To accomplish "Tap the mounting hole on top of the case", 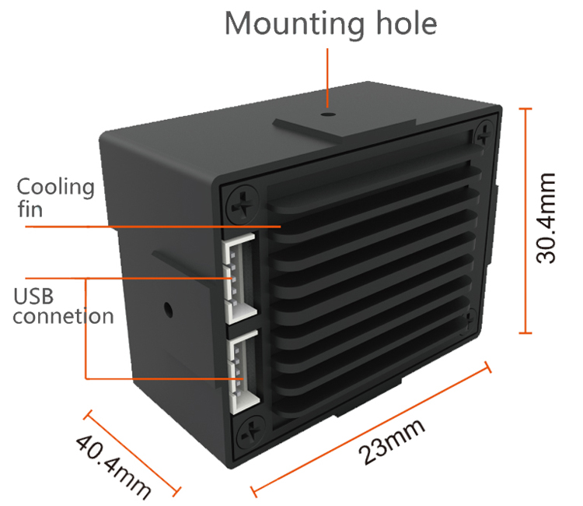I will tap(328, 113).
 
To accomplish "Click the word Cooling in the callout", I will tap(55, 187).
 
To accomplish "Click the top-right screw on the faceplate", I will tap(484, 132).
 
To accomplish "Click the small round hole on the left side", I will tap(167, 308).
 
